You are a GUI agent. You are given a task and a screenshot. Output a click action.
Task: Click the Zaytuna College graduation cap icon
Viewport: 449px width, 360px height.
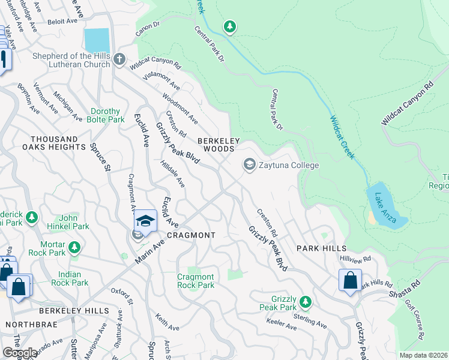(x=249, y=164)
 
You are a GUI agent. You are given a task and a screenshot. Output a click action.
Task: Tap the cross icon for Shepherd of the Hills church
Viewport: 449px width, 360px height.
(x=119, y=59)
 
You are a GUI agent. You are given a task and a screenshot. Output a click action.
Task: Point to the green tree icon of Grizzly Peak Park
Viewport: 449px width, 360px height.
(x=306, y=301)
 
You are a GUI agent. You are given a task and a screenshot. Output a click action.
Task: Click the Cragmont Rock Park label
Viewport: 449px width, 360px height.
(x=196, y=281)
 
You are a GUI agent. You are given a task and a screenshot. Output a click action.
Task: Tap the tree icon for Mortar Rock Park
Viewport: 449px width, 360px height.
(x=74, y=247)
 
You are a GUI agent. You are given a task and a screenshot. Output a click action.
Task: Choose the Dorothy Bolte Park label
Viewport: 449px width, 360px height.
(x=105, y=115)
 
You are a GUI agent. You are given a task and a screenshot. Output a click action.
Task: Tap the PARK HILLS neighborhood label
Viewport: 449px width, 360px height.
(x=321, y=248)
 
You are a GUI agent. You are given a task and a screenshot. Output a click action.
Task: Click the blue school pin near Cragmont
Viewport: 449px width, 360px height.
(x=145, y=222)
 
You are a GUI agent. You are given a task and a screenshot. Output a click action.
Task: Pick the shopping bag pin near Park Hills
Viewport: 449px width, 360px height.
(x=350, y=281)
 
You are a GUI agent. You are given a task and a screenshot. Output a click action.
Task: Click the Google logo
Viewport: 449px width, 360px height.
(x=20, y=353)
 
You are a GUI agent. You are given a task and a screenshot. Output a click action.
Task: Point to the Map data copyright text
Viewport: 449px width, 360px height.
(x=423, y=355)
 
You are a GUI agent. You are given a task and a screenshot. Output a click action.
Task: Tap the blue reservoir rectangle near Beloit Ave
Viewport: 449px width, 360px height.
(x=97, y=40)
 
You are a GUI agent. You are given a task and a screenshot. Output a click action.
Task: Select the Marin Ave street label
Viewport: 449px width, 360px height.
(x=153, y=245)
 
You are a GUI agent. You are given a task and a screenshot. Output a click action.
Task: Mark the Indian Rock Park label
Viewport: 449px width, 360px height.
(x=70, y=278)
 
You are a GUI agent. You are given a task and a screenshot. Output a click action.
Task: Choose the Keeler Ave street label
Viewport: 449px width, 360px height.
(x=282, y=325)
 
